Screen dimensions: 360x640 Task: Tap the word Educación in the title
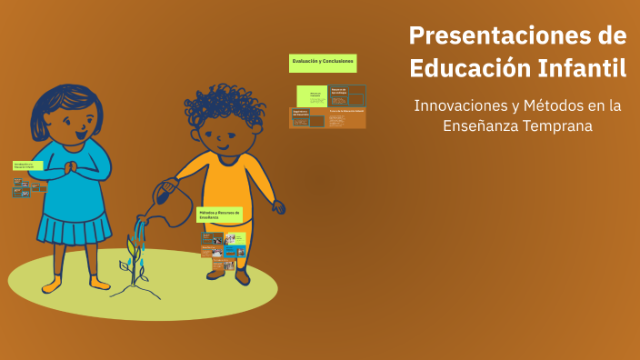[x=464, y=68]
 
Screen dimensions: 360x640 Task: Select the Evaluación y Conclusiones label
[x=323, y=63]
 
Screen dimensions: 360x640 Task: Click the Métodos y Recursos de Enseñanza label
[x=220, y=215]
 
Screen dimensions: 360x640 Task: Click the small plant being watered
[x=135, y=259]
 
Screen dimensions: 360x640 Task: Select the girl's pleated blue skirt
[x=75, y=225]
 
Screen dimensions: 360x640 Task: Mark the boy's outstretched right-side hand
[x=278, y=207]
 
